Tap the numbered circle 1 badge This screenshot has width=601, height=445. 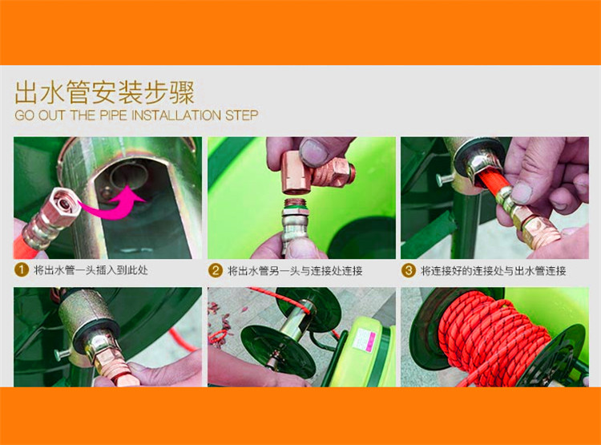click(x=22, y=269)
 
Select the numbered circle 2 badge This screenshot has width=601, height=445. click(x=216, y=270)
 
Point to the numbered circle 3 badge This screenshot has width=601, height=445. click(x=409, y=270)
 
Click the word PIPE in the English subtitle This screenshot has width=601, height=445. click(x=113, y=115)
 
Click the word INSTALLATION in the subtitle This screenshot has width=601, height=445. click(x=175, y=115)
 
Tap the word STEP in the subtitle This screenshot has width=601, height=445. click(x=242, y=115)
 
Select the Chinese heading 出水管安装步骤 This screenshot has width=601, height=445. click(x=105, y=92)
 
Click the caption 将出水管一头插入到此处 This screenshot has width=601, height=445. click(x=91, y=270)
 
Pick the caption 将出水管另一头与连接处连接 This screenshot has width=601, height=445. click(x=295, y=271)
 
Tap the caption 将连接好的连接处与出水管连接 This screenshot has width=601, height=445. click(x=494, y=271)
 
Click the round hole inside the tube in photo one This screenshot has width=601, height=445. click(x=129, y=176)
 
